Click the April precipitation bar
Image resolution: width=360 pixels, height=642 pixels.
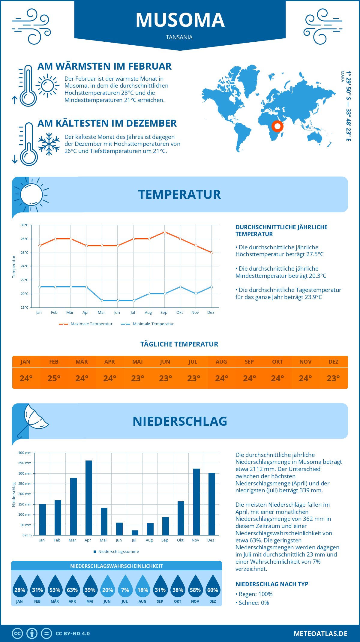pyautogui.click(x=89, y=498)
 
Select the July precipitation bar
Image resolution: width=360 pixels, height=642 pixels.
pyautogui.click(x=135, y=533)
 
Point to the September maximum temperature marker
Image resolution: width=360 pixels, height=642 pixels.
pyautogui.click(x=165, y=232)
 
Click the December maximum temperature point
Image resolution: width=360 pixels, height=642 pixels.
pyautogui.click(x=211, y=253)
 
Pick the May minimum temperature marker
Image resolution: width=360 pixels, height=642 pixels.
pyautogui.click(x=102, y=301)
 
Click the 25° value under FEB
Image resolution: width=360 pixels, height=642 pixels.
pyautogui.click(x=54, y=378)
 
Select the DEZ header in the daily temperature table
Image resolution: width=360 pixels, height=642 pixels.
pyautogui.click(x=333, y=361)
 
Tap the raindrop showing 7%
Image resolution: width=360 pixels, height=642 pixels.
pyautogui.click(x=125, y=587)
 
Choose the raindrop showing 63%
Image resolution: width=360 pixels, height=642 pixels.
pyautogui.click(x=72, y=587)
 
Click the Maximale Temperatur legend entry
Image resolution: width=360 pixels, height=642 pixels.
pyautogui.click(x=86, y=324)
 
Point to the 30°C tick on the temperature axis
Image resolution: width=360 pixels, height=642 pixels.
pyautogui.click(x=25, y=225)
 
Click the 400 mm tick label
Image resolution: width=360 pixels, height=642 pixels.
pyautogui.click(x=25, y=453)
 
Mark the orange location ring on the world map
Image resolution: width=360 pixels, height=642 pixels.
pyautogui.click(x=277, y=126)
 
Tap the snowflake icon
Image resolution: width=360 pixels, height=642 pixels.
pyautogui.click(x=49, y=144)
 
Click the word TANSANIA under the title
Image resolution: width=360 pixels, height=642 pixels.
pyautogui.click(x=179, y=37)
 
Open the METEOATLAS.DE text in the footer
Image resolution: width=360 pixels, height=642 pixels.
pyautogui.click(x=320, y=634)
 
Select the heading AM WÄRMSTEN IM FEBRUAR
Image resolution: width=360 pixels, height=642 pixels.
pyautogui.click(x=104, y=66)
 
